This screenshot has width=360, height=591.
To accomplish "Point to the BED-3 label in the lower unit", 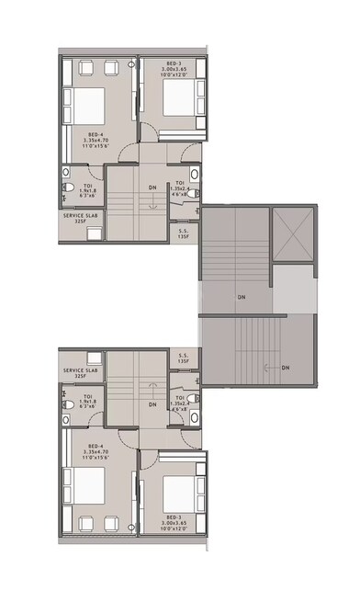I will [x=174, y=522].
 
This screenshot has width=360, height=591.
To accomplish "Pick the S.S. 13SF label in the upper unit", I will [x=184, y=233].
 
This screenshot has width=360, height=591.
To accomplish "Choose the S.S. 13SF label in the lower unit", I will [x=184, y=358].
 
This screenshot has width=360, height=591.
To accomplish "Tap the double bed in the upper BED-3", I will [x=172, y=95].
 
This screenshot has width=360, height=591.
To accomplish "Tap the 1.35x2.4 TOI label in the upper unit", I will [x=179, y=188].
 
